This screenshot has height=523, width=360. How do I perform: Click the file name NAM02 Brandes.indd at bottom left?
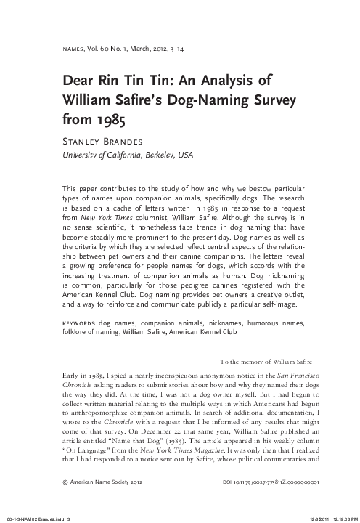coord(40,516)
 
